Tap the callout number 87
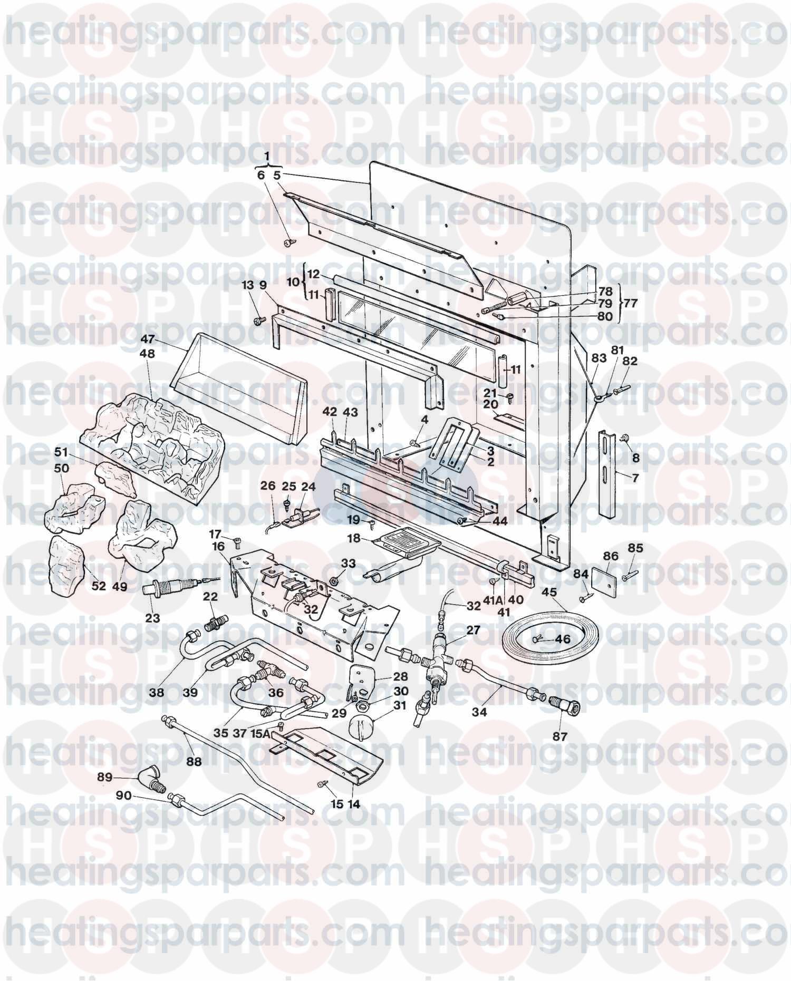(x=560, y=736)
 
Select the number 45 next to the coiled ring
(x=549, y=591)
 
